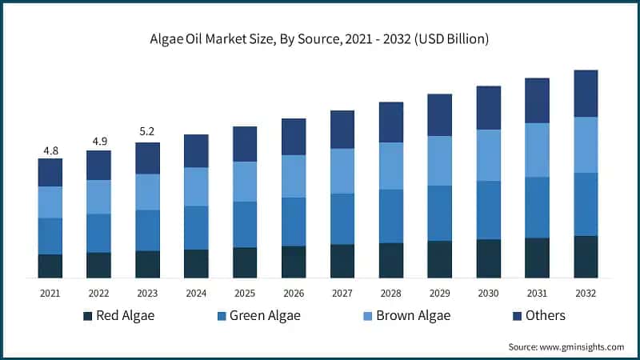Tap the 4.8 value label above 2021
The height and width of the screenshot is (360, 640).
pyautogui.click(x=50, y=150)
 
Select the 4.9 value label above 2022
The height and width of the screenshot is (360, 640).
pyautogui.click(x=98, y=142)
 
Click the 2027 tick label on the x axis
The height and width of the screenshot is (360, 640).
pyautogui.click(x=342, y=293)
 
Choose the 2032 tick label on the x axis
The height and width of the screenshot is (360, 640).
pyautogui.click(x=586, y=293)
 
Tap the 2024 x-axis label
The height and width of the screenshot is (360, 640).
pyautogui.click(x=196, y=293)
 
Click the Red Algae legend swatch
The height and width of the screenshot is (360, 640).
pyautogui.click(x=87, y=316)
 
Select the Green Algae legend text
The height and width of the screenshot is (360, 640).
pyautogui.click(x=265, y=315)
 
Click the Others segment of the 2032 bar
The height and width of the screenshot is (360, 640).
pyautogui.click(x=586, y=93)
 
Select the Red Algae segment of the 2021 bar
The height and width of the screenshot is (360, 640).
pyautogui.click(x=50, y=266)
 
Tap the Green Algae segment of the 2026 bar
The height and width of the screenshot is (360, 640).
pyautogui.click(x=294, y=222)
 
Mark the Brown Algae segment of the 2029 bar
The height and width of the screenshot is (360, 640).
pyautogui.click(x=440, y=161)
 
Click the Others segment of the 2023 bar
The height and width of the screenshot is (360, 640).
pyautogui.click(x=147, y=158)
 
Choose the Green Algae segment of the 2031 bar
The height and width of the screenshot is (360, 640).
pyautogui.click(x=538, y=207)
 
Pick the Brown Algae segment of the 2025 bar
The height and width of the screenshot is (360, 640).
pyautogui.click(x=245, y=182)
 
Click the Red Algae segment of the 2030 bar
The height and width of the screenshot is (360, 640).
pyautogui.click(x=489, y=258)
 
